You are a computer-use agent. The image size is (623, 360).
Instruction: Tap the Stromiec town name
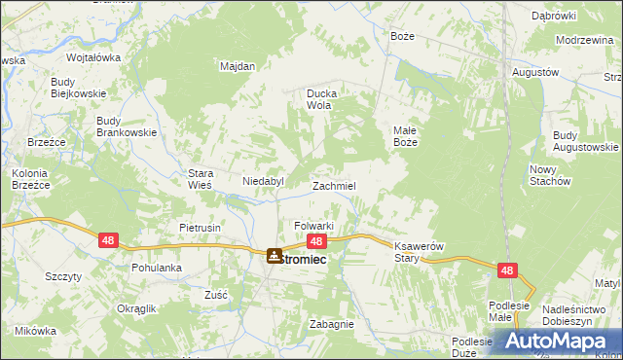tap(305, 259)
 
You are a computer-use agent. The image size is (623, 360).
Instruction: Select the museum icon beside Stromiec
tap(273, 256)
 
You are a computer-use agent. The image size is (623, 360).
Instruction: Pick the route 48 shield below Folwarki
tap(315, 240)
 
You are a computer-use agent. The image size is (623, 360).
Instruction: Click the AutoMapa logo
tap(557, 342)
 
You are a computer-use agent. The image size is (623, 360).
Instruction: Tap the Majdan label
tap(238, 66)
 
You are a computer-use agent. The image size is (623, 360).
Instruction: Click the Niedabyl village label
tap(262, 181)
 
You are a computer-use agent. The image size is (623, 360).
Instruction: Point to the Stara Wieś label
tap(200, 179)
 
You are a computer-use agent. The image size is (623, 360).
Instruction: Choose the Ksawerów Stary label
tap(419, 252)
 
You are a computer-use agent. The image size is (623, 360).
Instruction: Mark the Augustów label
tap(534, 73)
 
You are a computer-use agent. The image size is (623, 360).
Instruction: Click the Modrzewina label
tap(584, 40)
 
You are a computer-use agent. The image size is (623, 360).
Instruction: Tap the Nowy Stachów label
tap(549, 174)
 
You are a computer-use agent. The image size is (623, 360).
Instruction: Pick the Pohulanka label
tap(157, 267)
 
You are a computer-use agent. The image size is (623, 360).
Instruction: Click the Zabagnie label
tap(331, 324)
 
